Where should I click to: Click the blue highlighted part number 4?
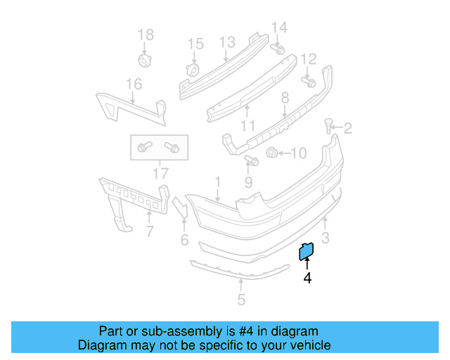pyautogui.click(x=307, y=250)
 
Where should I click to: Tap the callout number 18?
pyautogui.click(x=145, y=34)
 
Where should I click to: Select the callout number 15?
pyautogui.click(x=195, y=44)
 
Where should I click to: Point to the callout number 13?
pyautogui.click(x=226, y=43)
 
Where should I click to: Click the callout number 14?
pyautogui.click(x=279, y=27)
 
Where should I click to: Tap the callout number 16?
pyautogui.click(x=134, y=84)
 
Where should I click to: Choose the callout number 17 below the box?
pyautogui.click(x=160, y=172)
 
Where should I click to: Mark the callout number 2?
pyautogui.click(x=347, y=128)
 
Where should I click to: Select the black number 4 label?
pyautogui.click(x=307, y=278)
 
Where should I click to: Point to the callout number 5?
pyautogui.click(x=241, y=300)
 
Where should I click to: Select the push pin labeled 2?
pyautogui.click(x=328, y=126)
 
